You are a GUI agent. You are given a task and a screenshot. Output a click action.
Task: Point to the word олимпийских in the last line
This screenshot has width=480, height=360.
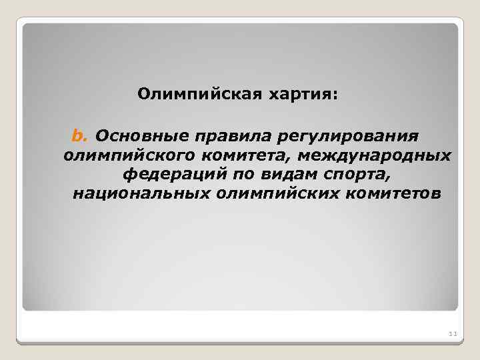pyautogui.click(x=275, y=194)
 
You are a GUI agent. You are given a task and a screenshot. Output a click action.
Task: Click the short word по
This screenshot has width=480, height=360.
pyautogui.click(x=228, y=175)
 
